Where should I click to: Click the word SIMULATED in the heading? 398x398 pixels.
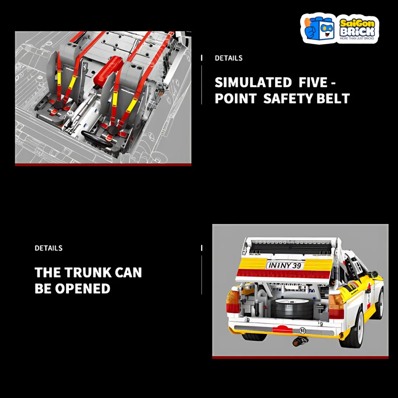253,82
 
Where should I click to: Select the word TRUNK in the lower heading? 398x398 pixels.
88,272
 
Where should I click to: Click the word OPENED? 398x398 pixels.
83,289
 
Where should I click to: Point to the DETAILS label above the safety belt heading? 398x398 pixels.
228,58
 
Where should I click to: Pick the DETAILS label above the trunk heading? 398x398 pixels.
49,248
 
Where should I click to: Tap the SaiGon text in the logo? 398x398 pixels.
357,23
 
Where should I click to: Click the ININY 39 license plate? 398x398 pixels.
285,265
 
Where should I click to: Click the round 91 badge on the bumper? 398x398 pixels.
303,331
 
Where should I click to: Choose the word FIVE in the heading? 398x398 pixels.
313,82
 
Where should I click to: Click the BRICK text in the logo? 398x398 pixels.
357,32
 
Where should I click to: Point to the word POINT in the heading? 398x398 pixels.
235,98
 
